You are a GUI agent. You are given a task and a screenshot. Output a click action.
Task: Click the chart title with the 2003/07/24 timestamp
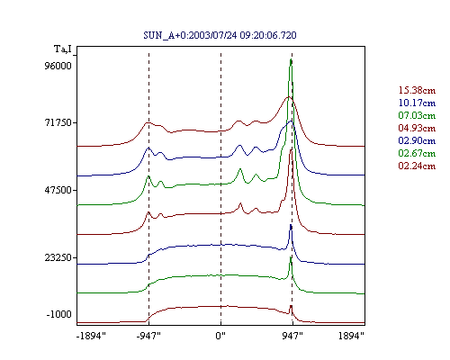point(220,35)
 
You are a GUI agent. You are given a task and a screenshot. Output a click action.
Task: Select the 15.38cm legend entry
point(417,90)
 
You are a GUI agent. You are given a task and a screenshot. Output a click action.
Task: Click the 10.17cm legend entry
point(417,103)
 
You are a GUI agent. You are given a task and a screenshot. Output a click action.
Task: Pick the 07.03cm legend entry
point(417,115)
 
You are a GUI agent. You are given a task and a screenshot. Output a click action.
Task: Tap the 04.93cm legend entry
point(417,128)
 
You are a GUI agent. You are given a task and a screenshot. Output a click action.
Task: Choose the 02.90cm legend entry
point(417,140)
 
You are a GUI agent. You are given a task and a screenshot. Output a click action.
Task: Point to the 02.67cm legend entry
point(417,153)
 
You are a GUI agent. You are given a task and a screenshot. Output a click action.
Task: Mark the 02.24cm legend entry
point(417,166)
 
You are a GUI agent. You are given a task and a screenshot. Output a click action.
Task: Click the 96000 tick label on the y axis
point(58,66)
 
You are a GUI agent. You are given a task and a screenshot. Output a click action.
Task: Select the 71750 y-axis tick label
point(58,122)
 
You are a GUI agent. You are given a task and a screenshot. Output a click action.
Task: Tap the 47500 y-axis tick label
point(58,190)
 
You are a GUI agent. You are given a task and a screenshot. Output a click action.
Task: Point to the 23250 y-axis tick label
point(58,257)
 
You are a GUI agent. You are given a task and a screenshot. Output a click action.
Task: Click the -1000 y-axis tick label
point(59,314)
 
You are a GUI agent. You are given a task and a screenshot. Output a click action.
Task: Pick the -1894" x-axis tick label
point(91,336)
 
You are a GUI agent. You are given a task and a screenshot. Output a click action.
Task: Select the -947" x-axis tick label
point(148,336)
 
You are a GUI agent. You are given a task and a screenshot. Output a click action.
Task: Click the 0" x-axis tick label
point(220,336)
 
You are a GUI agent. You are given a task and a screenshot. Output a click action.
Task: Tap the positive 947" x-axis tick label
point(292,336)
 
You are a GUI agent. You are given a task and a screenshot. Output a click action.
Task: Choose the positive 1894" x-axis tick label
point(351,336)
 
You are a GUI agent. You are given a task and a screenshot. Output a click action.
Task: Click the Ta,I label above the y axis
point(63,49)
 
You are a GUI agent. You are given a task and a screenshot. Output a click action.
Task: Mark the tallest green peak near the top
point(291,60)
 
